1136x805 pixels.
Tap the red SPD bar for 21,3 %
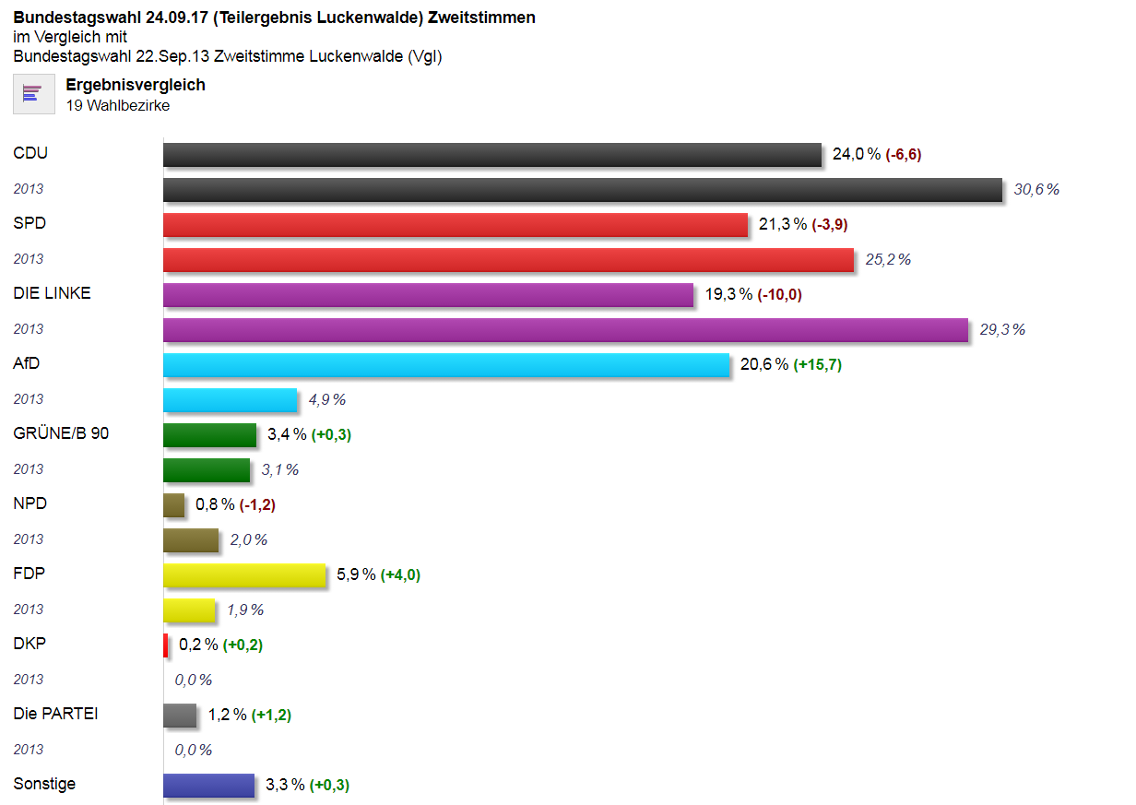point(456,225)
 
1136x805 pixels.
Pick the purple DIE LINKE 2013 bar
point(565,330)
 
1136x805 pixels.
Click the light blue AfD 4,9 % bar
point(231,400)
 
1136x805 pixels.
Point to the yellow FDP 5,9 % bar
point(244,575)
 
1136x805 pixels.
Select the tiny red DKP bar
point(166,645)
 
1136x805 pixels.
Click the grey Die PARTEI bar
point(180,716)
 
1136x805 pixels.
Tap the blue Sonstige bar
point(209,786)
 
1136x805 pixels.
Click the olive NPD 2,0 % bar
point(191,540)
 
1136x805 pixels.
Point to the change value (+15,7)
point(818,365)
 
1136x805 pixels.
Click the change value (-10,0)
point(779,295)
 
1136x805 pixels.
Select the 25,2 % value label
point(887,260)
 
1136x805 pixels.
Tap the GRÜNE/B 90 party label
point(61,433)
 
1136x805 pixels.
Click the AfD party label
point(27,363)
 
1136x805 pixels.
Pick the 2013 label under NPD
point(29,539)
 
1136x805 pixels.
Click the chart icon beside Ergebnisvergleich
point(34,94)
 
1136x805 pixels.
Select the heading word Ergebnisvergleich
point(136,85)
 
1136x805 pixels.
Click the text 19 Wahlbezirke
point(118,105)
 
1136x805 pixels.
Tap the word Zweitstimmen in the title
point(481,18)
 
